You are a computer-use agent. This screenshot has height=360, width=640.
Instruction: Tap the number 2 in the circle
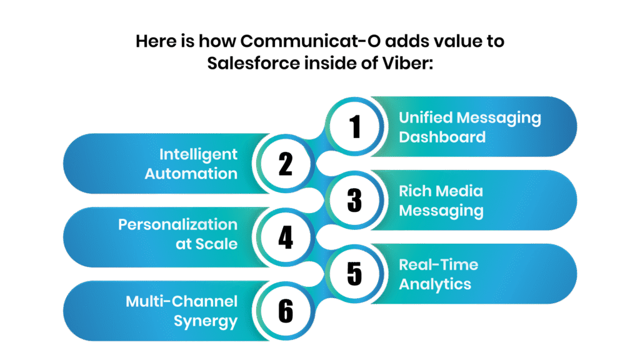(x=285, y=164)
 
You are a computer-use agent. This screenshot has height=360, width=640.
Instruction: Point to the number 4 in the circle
(x=285, y=237)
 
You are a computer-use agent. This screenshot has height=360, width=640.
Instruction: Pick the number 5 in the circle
(x=355, y=274)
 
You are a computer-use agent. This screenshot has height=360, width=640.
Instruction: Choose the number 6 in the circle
(x=285, y=311)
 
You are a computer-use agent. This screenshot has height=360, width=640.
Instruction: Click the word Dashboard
(x=442, y=137)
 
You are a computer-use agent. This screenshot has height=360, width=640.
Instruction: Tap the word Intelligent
(x=198, y=154)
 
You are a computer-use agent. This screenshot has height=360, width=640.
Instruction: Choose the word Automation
(x=191, y=174)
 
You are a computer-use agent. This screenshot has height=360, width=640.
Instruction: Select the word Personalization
(x=177, y=224)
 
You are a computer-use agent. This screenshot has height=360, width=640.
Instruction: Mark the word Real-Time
(x=438, y=264)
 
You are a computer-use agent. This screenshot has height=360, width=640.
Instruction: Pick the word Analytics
(x=435, y=284)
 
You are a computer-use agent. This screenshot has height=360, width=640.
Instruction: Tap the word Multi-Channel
(x=182, y=302)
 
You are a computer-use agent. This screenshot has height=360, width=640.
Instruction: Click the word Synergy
(x=206, y=322)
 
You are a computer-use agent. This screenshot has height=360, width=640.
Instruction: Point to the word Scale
(x=216, y=244)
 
